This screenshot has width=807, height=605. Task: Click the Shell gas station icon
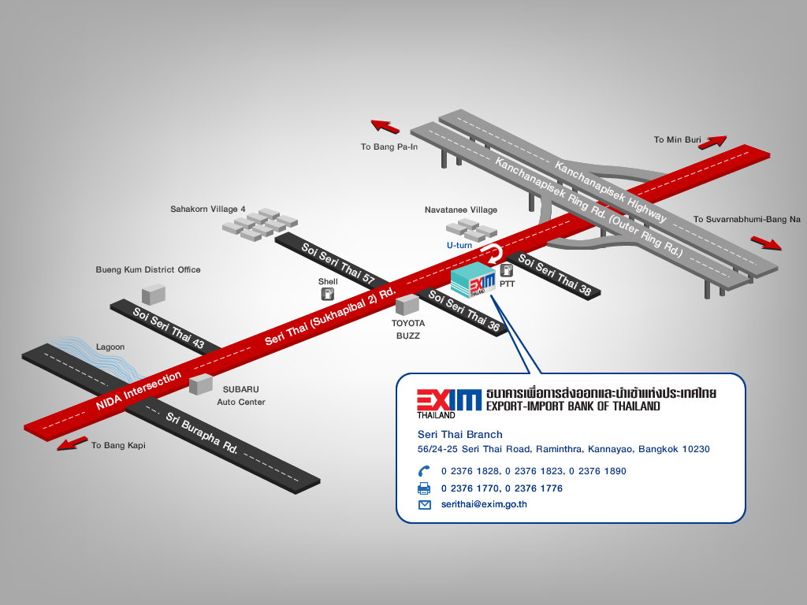pos(327,295)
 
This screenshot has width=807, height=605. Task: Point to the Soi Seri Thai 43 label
pos(168,327)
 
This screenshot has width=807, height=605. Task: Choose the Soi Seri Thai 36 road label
pos(463,312)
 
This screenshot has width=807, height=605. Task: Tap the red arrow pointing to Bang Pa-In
pos(385,126)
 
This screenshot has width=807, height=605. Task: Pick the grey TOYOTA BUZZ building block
pos(407,304)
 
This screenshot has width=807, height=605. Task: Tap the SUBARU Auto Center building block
pos(201,384)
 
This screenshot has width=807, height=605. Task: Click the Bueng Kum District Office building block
pos(153,294)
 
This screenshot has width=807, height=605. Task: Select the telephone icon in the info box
pos(424,471)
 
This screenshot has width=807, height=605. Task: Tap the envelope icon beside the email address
pos(425,504)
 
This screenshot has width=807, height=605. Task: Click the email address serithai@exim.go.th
pos(484,504)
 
